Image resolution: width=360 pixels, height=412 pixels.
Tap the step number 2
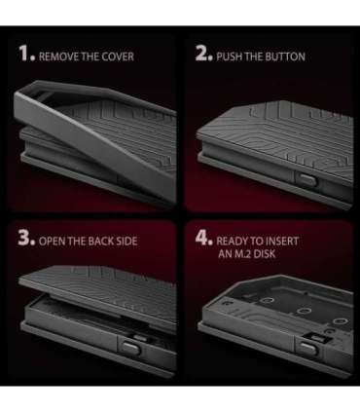(x=204, y=54)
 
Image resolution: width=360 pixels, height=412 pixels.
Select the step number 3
(x=26, y=238)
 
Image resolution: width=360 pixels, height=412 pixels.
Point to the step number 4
(x=204, y=238)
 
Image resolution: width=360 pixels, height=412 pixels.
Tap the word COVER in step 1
(x=118, y=56)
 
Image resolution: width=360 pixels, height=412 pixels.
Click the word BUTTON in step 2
(x=285, y=56)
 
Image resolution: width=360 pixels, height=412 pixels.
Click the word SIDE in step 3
(x=126, y=242)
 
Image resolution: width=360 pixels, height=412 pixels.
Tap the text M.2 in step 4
(x=243, y=253)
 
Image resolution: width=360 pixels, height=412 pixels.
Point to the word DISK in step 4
(x=265, y=253)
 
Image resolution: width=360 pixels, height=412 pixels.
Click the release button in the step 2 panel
(x=306, y=179)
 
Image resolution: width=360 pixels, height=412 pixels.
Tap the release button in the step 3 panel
(x=131, y=348)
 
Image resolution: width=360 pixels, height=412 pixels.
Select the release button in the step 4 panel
(x=307, y=349)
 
